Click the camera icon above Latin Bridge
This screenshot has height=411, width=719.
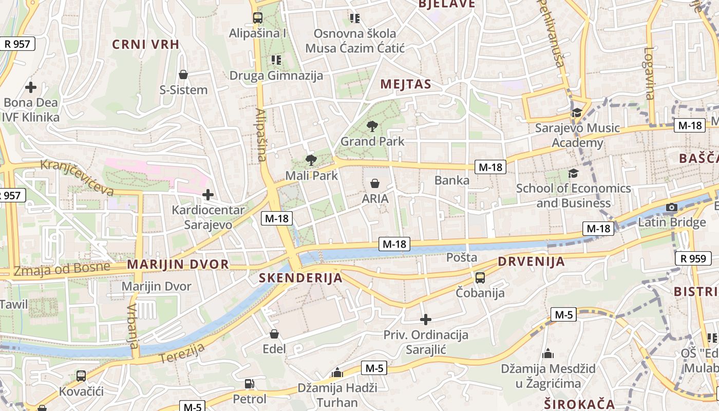click(671, 208)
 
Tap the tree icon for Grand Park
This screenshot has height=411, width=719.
click(372, 126)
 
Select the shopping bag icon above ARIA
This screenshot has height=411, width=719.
click(375, 183)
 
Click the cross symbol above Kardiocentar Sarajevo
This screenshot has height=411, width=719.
click(208, 195)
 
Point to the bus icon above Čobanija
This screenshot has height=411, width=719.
click(480, 278)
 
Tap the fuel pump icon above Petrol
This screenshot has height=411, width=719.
click(249, 384)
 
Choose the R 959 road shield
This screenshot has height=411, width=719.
click(694, 258)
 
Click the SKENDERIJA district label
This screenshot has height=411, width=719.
click(300, 278)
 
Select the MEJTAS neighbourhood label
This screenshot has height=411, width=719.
click(405, 84)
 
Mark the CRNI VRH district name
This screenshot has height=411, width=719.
click(146, 44)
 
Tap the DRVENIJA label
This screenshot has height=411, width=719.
click(531, 261)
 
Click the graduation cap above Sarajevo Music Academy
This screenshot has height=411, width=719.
click(577, 113)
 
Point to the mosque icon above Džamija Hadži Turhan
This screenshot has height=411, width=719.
click(337, 372)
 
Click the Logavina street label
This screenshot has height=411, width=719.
click(649, 73)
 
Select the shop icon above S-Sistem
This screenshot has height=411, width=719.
click(183, 75)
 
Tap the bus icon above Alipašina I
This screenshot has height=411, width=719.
click(257, 18)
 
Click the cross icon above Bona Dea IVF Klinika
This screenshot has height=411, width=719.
click(31, 87)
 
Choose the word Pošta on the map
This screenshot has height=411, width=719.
click(462, 257)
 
